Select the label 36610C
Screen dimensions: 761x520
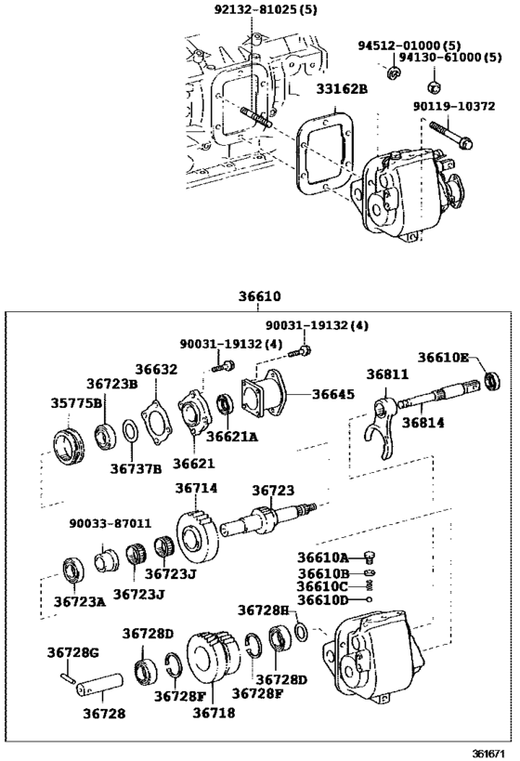coord(323,586)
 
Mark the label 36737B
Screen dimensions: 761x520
coord(136,467)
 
